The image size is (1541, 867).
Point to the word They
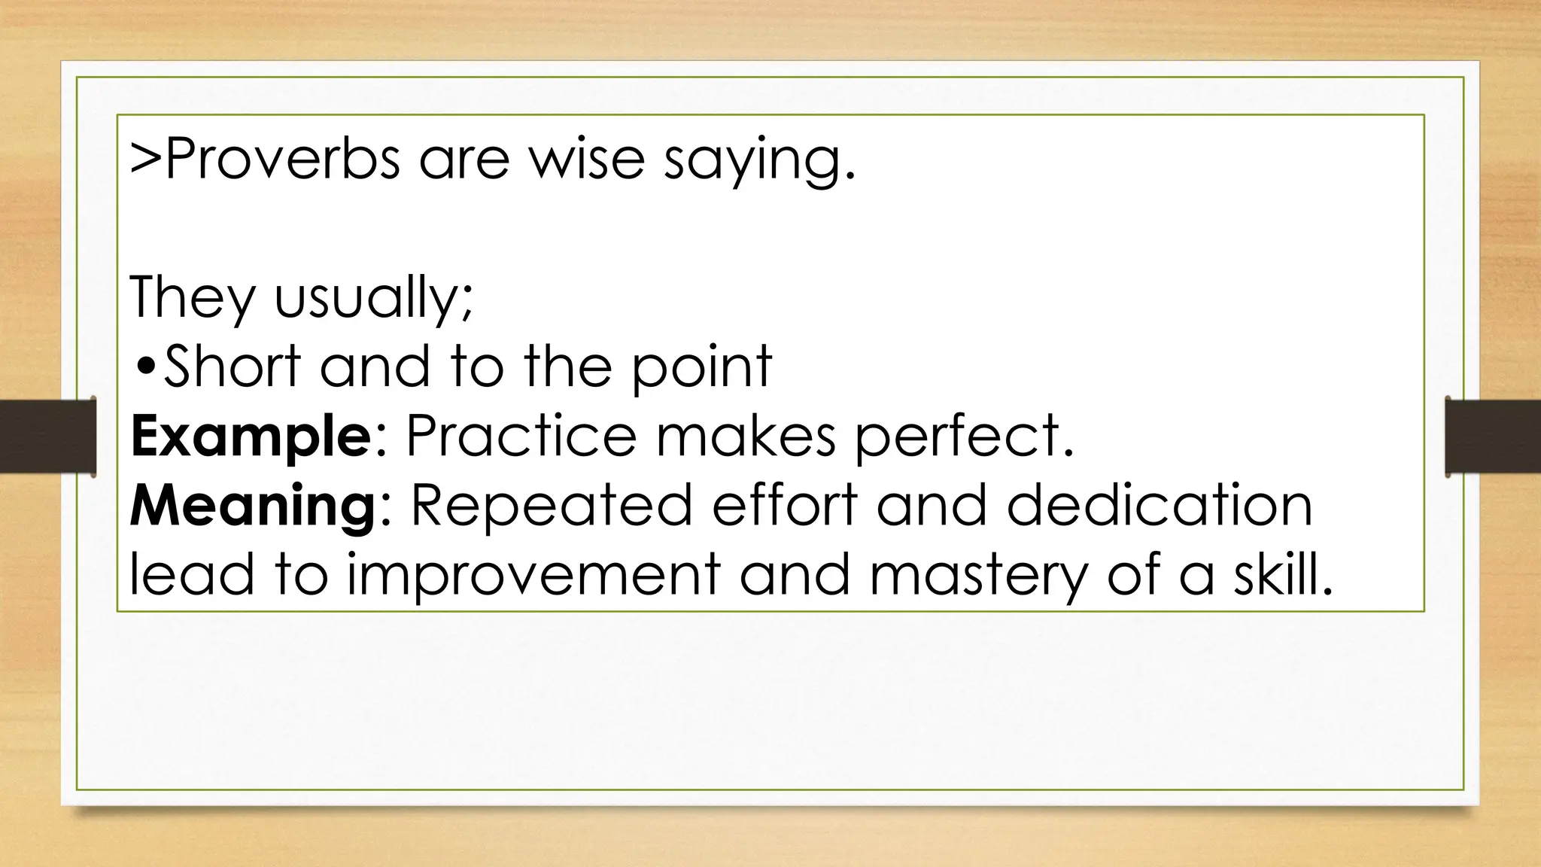point(193,299)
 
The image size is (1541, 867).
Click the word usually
point(372,299)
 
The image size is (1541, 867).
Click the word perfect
point(963,437)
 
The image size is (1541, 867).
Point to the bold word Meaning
point(252,507)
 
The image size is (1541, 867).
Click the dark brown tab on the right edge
point(1492,437)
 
